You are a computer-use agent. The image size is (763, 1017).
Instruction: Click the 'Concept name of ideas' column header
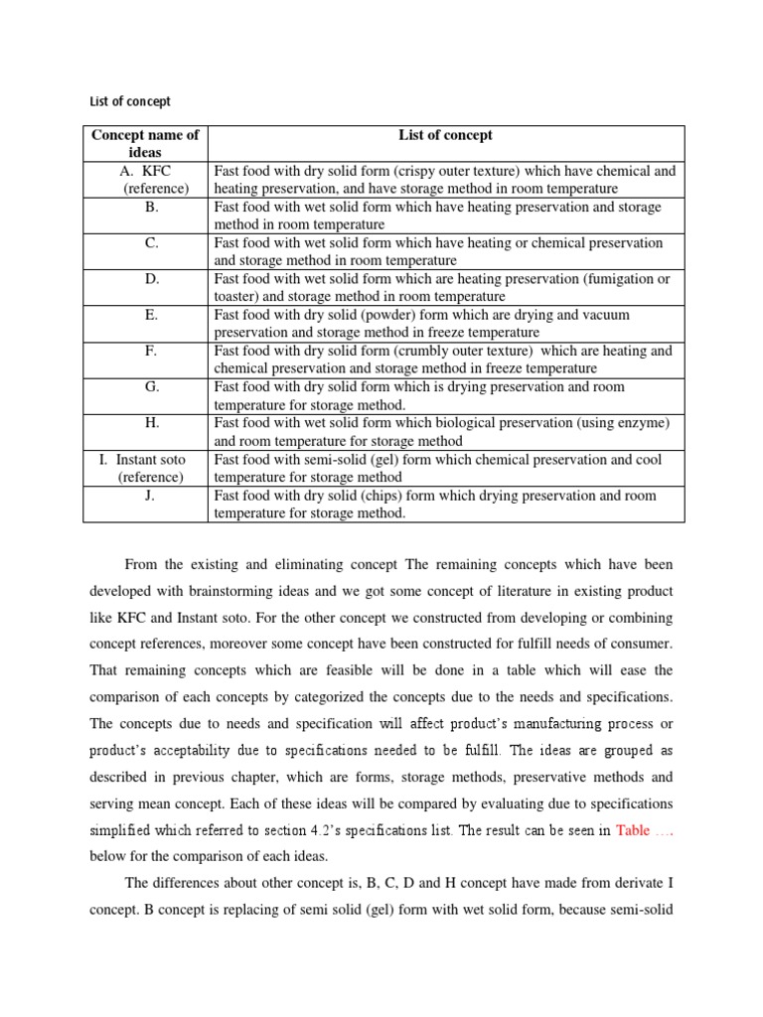pos(145,143)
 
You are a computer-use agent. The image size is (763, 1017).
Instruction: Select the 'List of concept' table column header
pos(445,135)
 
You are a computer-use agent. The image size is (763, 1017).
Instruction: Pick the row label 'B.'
pos(151,207)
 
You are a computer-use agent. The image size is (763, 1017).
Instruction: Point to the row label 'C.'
pos(151,242)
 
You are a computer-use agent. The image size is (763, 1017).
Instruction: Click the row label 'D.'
pos(151,278)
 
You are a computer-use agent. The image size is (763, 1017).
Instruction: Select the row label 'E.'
pos(151,314)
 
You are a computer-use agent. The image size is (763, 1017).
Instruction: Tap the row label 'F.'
pos(151,350)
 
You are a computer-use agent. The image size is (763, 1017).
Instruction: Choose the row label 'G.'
pos(151,386)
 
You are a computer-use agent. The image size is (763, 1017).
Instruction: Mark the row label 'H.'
pos(151,422)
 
